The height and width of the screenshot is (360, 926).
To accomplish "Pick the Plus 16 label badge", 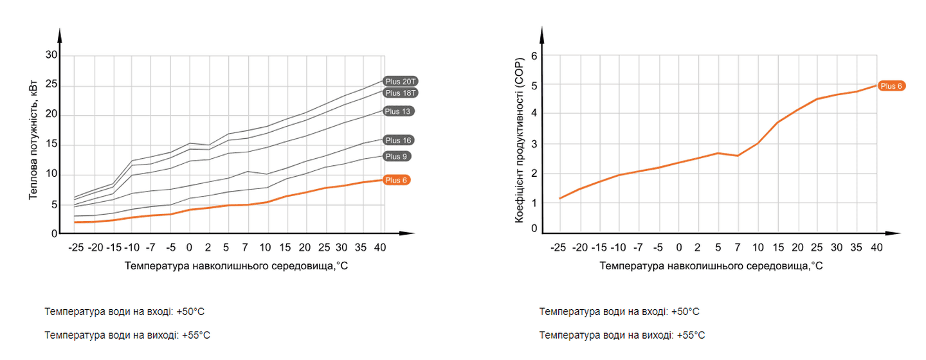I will coord(398,140).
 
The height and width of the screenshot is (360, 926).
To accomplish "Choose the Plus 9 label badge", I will coord(397,156).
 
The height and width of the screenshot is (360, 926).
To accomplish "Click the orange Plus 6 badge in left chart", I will coord(396,180).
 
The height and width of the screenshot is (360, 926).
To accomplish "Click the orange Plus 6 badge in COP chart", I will coord(892,85).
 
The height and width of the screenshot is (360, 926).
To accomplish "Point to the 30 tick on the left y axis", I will coord(51,56).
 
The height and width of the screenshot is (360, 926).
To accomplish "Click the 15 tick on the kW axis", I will coord(51,145).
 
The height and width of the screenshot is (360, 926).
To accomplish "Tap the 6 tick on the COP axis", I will coord(534,56).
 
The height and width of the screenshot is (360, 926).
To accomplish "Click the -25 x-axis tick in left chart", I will coord(75,247).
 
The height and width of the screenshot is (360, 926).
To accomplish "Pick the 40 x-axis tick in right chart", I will coord(876,247).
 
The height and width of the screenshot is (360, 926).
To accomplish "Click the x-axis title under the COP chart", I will coord(711,265).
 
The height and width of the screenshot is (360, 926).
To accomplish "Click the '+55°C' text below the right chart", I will coord(689,335).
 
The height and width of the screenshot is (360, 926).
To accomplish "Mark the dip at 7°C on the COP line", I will coord(738,156).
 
